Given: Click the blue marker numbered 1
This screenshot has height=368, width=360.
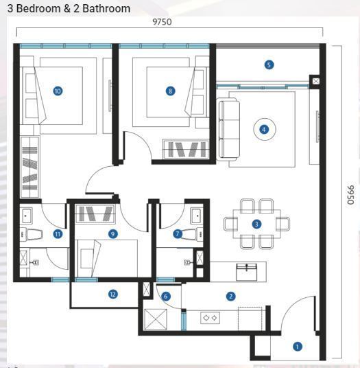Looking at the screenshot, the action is point(298,347).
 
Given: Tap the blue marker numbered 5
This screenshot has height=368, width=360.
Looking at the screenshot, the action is point(269,65).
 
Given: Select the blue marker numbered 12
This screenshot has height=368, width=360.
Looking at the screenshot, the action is point(112,294).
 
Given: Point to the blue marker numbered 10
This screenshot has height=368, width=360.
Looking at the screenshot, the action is point(58,91).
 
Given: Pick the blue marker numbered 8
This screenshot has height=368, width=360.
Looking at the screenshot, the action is point(170,91).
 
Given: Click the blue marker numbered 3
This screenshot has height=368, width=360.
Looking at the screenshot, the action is point(256,224).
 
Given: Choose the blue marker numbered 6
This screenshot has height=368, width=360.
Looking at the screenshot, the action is point(166,296).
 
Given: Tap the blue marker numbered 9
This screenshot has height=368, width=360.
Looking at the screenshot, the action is point(112,233).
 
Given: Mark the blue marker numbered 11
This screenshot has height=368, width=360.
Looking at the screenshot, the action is point(58,233).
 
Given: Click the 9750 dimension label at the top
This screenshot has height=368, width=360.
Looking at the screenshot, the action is point(162,22).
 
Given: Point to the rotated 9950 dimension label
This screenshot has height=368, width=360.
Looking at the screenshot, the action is point(350,195).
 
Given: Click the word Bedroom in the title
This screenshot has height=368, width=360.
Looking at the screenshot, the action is point(38,9).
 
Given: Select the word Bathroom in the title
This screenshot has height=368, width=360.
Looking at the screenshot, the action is point(106,9).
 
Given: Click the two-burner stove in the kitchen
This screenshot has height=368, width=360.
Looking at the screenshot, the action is point(210,318).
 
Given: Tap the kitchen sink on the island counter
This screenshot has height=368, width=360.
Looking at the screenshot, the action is point(247,272).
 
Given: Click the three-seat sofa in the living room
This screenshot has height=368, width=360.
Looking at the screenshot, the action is point(229,129).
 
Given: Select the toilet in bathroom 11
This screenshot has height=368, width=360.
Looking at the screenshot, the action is point(32,234).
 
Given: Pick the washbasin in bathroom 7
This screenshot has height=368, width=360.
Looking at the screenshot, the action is point(197,216).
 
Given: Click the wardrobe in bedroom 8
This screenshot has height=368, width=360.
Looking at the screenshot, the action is point(185,149).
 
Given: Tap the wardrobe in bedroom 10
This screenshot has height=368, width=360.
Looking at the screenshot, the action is point(29,167).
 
